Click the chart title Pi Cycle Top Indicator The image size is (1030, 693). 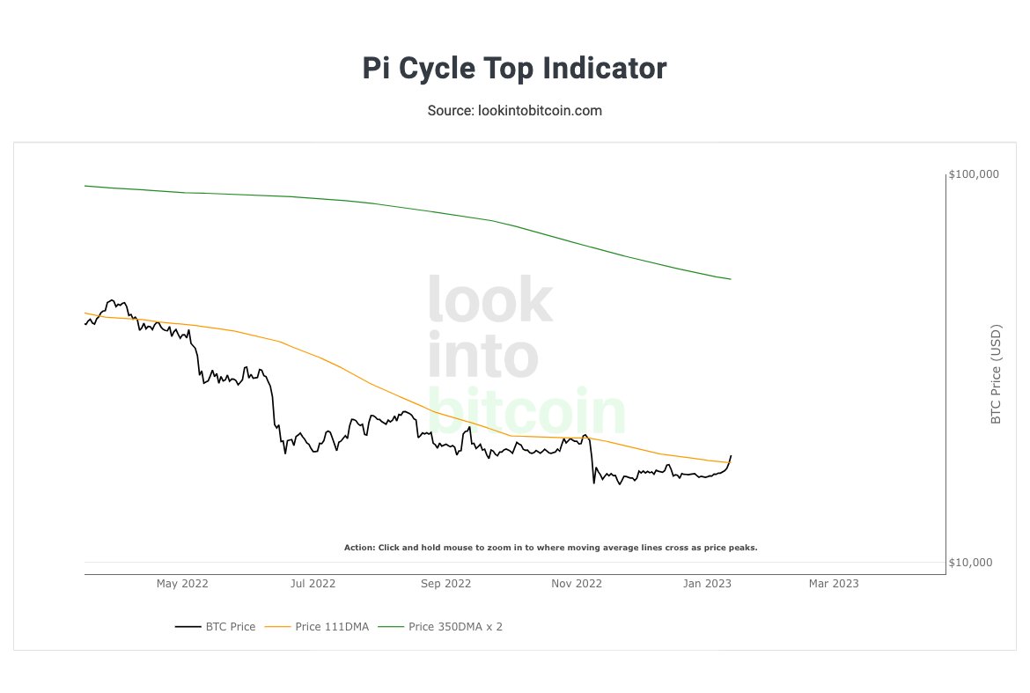[x=514, y=69]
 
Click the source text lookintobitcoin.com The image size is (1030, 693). [x=514, y=111]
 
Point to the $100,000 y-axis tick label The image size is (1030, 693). [x=974, y=174]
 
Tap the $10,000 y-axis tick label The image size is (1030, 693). [x=974, y=563]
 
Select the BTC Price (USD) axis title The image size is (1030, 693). [x=996, y=374]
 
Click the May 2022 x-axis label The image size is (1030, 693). [x=182, y=583]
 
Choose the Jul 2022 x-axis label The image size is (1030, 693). [x=313, y=583]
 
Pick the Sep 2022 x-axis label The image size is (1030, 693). [x=445, y=583]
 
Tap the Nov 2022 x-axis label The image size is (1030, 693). [x=577, y=583]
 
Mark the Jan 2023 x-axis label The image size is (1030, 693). [x=707, y=583]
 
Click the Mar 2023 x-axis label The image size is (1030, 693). [x=834, y=583]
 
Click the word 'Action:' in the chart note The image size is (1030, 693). [x=359, y=548]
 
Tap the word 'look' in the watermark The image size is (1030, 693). [x=489, y=299]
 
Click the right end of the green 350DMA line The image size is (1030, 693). [x=731, y=279]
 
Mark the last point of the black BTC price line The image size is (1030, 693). [x=731, y=455]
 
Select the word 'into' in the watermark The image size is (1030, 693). [x=482, y=356]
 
